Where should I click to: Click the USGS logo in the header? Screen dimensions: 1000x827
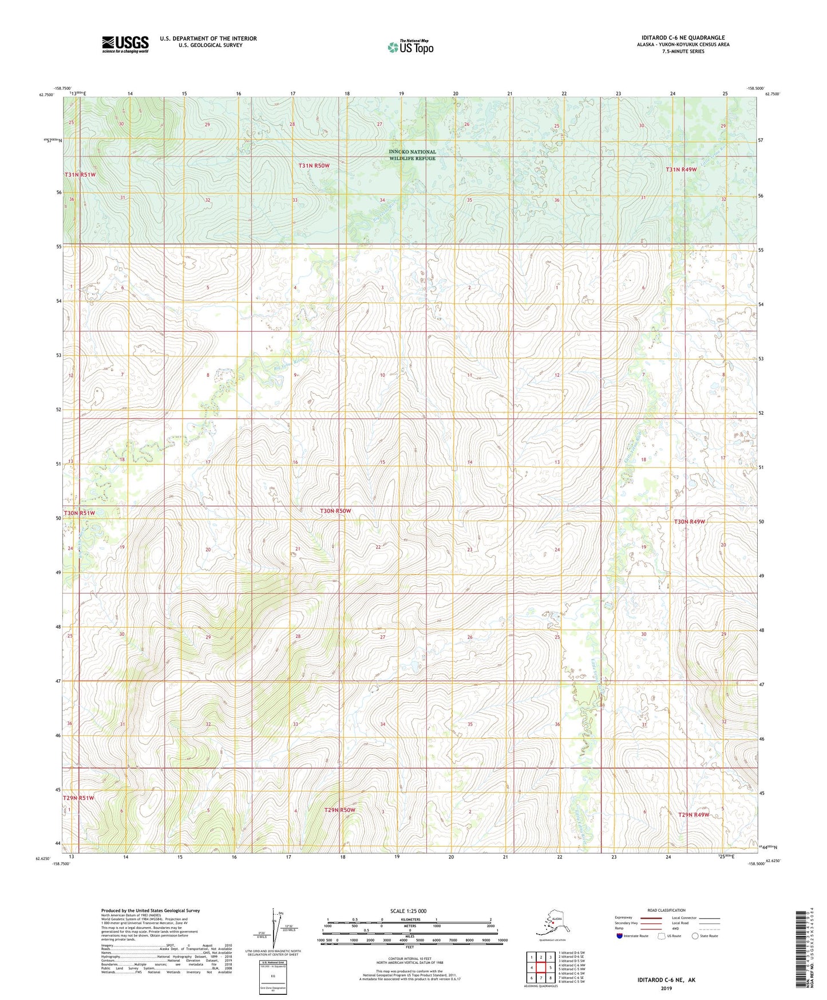pos(125,44)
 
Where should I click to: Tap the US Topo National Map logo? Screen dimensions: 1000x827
pos(410,47)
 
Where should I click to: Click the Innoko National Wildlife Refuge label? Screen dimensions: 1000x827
pos(412,155)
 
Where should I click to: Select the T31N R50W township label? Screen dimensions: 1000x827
pos(314,166)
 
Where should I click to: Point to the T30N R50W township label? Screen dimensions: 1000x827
pos(335,510)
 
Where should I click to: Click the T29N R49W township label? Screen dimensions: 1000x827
pos(694,814)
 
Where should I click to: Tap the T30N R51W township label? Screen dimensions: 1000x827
pos(79,513)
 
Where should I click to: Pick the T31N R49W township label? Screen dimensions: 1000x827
pos(681,170)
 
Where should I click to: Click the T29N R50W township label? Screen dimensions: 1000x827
pos(339,810)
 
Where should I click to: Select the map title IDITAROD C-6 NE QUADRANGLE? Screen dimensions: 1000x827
pos(683,38)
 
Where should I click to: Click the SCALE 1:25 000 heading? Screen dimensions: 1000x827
pos(409,911)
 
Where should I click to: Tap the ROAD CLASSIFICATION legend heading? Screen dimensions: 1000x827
pos(666,910)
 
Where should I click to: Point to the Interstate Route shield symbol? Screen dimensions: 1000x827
pos(620,936)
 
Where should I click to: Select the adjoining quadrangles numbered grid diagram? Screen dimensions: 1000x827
pos(541,966)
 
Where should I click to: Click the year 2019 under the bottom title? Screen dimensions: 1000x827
pos(666,988)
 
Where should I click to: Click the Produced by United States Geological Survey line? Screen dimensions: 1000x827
pos(151,910)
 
